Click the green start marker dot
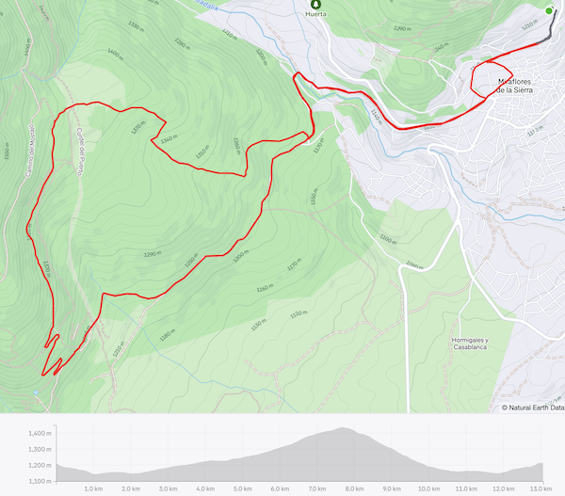pyautogui.click(x=550, y=10)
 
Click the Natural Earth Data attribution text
pyautogui.click(x=532, y=408)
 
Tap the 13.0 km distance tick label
pyautogui.click(x=540, y=488)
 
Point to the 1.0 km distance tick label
pyautogui.click(x=93, y=488)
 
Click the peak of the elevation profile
pyautogui.click(x=342, y=429)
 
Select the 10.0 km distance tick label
pyautogui.click(x=428, y=488)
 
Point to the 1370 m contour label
pyautogui.click(x=137, y=126)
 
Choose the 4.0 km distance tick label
pyautogui.click(x=205, y=488)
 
